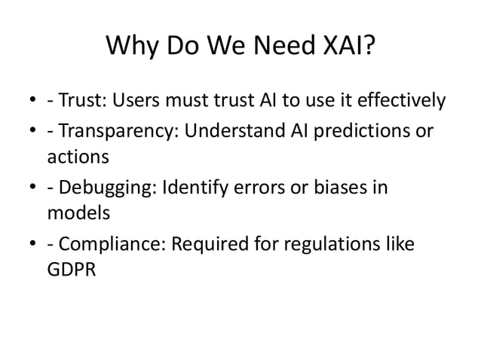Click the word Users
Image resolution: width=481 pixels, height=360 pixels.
pos(142,100)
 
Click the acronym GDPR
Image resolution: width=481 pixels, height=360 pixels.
pos(72,270)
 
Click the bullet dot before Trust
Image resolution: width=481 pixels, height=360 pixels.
pos(35,101)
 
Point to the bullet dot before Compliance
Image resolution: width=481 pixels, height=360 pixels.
pos(35,243)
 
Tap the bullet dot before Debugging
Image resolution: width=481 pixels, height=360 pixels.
pos(35,187)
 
